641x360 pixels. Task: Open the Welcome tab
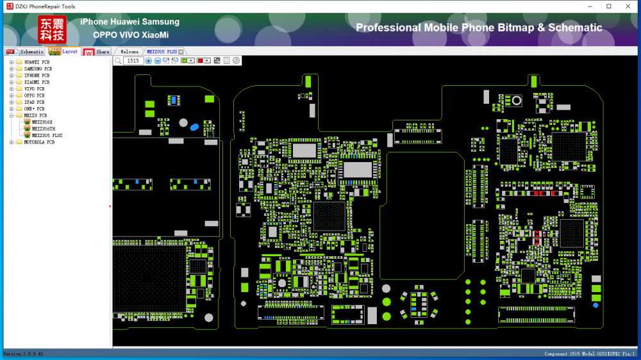129,51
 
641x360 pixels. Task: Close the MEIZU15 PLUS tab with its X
181,51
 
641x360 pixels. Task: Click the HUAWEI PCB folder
36,62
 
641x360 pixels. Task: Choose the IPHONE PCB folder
37,76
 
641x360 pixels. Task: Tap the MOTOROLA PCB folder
39,142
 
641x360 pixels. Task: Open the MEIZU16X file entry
42,122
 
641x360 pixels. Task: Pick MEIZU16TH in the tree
43,129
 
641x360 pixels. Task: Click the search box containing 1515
133,60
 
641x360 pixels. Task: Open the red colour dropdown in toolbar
207,60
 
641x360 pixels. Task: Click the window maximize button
608,6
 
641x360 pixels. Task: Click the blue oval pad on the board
194,127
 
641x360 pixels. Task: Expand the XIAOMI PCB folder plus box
11,82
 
